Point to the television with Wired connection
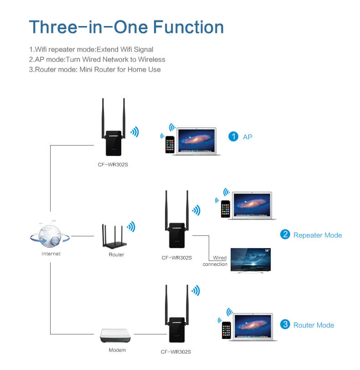coord(251,259)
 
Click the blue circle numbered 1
coord(233,136)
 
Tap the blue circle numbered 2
coord(285,235)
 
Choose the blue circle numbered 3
coord(285,324)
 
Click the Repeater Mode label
coord(317,235)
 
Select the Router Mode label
coord(314,325)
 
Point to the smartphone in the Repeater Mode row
coord(225,208)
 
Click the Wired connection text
coord(215,261)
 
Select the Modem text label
coord(117,350)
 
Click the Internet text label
coord(51,254)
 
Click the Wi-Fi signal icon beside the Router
coord(131,227)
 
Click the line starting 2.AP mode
coord(97,59)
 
